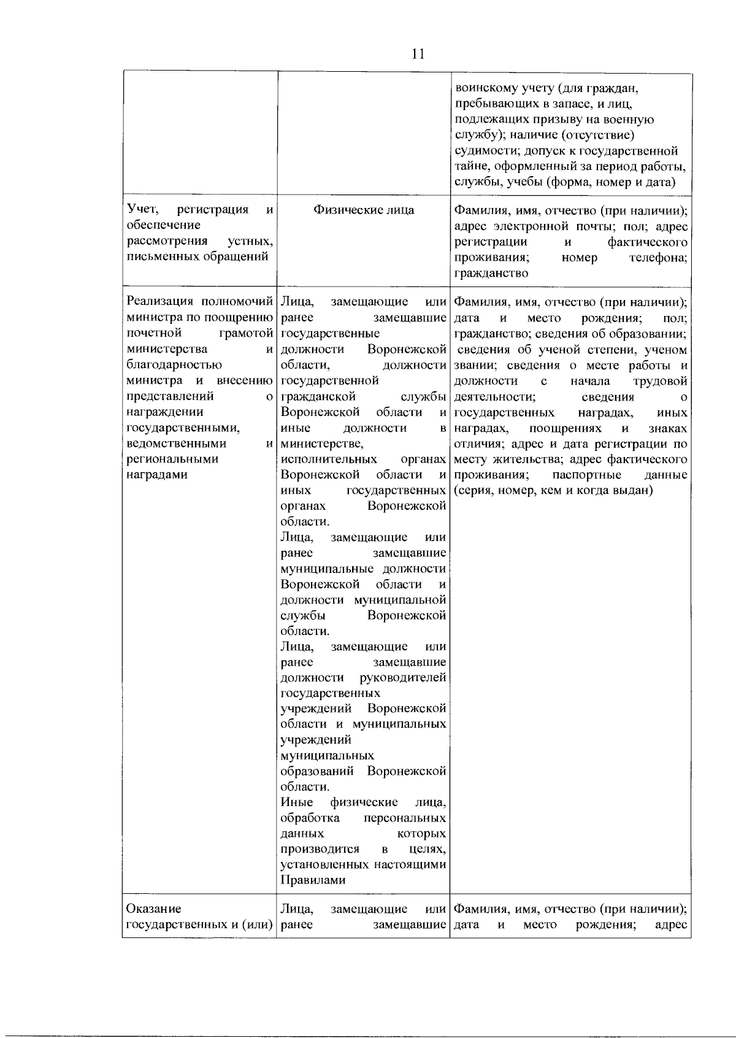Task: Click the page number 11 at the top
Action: pos(418,54)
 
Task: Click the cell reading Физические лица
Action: pos(364,210)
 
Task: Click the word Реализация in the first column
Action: pos(161,302)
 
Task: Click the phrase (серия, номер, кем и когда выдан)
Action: pos(553,491)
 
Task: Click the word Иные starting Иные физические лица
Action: pos(296,802)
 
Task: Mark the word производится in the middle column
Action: pos(320,849)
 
